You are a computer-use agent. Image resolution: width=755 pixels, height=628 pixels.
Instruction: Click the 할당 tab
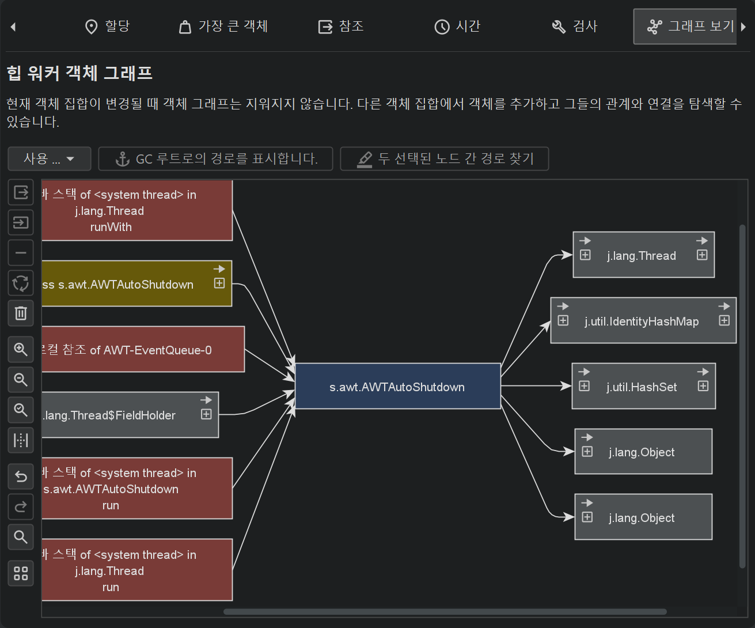(x=107, y=27)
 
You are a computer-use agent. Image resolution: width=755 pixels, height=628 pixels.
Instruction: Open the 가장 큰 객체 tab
(x=223, y=27)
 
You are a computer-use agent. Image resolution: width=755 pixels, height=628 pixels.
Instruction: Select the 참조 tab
(x=341, y=27)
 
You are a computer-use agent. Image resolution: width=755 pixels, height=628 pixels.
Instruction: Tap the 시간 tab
(x=457, y=27)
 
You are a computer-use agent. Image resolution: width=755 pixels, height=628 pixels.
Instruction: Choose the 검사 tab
(x=575, y=27)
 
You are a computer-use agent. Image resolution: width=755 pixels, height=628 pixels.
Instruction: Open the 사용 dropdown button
(x=49, y=159)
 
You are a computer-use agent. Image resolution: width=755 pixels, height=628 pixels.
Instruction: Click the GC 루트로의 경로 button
(x=216, y=159)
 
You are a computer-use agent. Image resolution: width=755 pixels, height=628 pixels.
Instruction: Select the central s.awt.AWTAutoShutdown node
(x=397, y=387)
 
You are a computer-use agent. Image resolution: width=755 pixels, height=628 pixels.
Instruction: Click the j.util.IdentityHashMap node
(x=642, y=321)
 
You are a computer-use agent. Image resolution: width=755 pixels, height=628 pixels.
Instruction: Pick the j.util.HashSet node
(x=642, y=387)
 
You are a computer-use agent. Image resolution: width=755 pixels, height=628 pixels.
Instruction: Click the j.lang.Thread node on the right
(x=642, y=256)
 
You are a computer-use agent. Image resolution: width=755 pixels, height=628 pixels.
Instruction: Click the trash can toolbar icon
(x=21, y=313)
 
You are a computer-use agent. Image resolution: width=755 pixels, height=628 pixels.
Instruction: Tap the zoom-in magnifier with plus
(x=21, y=349)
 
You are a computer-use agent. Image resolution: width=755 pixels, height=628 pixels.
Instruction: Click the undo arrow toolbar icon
(x=21, y=476)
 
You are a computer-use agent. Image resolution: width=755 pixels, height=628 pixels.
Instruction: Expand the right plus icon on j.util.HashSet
(x=703, y=386)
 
